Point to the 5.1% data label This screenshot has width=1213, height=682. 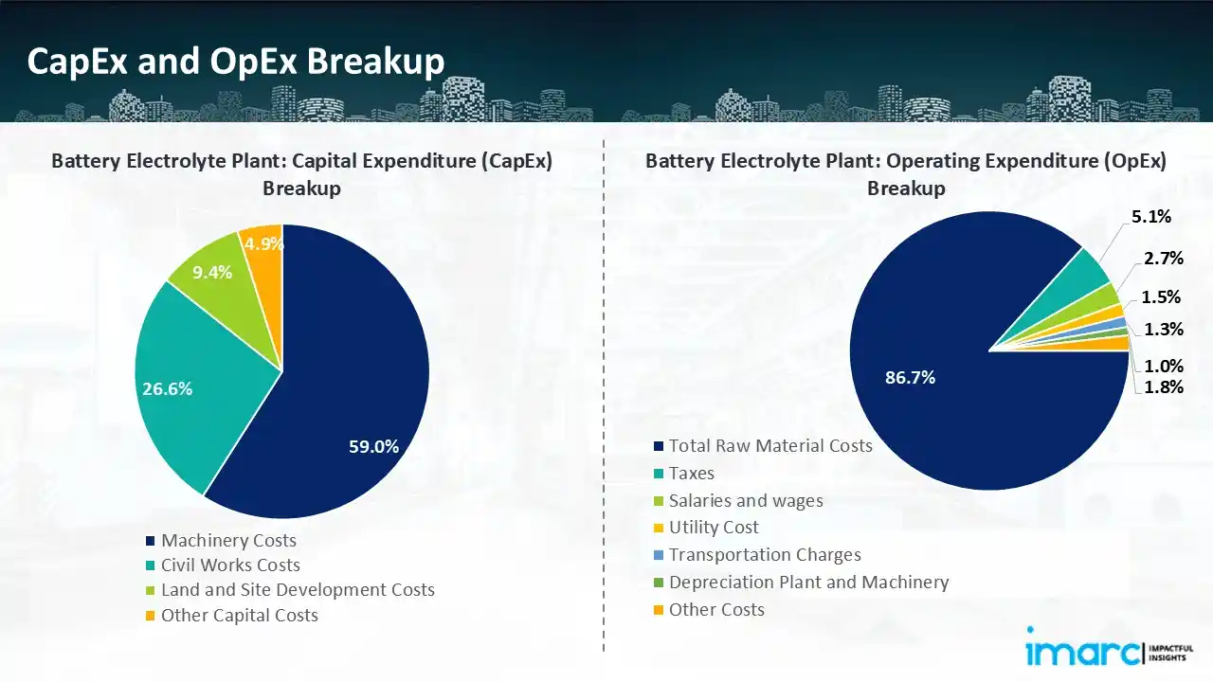(x=1151, y=217)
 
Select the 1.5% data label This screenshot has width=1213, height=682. (x=1161, y=296)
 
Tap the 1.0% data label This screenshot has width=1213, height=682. (x=1163, y=366)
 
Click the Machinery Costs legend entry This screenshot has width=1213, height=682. (x=228, y=541)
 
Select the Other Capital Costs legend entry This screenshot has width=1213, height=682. (x=239, y=615)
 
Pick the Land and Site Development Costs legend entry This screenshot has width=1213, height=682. (x=297, y=590)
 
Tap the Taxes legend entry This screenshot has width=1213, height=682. (x=691, y=474)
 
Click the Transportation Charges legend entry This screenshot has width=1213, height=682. (x=764, y=555)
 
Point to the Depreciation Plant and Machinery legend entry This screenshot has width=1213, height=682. (x=807, y=583)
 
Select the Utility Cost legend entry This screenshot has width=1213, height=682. (x=713, y=528)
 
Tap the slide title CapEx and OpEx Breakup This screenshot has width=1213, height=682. (x=236, y=62)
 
